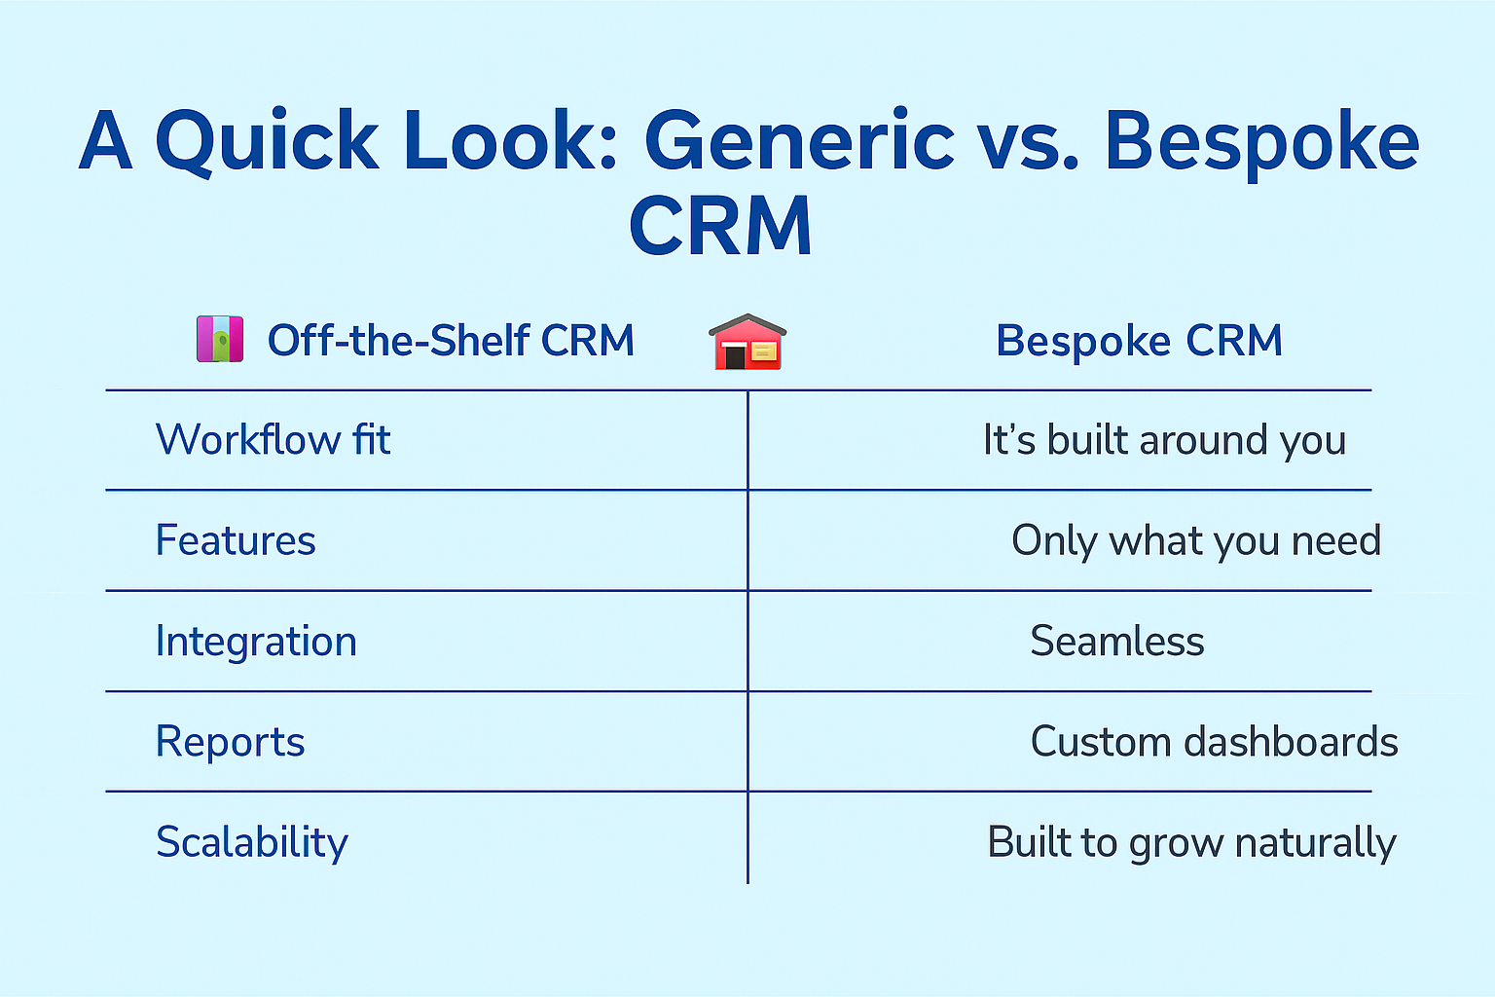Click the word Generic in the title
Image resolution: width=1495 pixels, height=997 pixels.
coord(799,142)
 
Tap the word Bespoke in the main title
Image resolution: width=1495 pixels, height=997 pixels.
coord(1261,142)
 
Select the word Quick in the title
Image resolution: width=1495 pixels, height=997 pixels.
coord(267,142)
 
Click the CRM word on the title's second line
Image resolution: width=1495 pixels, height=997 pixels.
coord(720,227)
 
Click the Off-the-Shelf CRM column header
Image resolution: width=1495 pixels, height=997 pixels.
coord(451,341)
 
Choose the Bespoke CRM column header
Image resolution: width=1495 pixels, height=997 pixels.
coord(1139,341)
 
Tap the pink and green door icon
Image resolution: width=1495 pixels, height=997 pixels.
coord(220,339)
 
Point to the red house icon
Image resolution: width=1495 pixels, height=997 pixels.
coord(747,342)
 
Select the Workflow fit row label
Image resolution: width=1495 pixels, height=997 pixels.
coord(273,440)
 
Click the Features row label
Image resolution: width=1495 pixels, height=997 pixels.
coord(236,540)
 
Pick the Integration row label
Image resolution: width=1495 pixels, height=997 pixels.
coord(256,642)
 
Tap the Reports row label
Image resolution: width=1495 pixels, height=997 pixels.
coord(230,742)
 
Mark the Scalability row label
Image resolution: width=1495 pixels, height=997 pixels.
coord(252,842)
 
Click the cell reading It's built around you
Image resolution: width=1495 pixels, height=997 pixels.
coord(1164,440)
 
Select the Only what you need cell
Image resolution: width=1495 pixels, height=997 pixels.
coord(1196,540)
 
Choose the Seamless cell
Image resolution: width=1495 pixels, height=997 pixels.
coord(1117,642)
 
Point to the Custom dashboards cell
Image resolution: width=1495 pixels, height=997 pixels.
coord(1214,742)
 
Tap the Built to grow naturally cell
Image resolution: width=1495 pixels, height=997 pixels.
coord(1191,842)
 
